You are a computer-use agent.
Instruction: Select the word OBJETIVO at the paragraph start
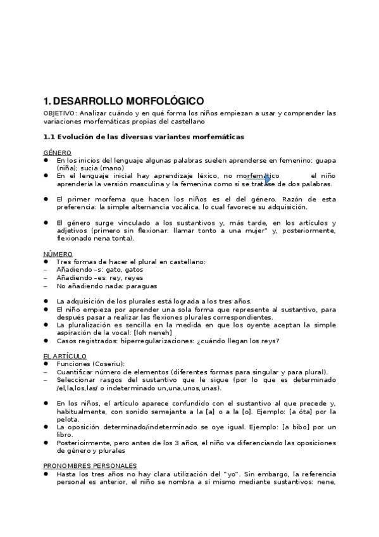pyautogui.click(x=58, y=113)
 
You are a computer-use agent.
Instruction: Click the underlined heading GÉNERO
pyautogui.click(x=57, y=153)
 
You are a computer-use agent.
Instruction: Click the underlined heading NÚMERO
pyautogui.click(x=58, y=254)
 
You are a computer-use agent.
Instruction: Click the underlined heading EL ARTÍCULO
pyautogui.click(x=65, y=356)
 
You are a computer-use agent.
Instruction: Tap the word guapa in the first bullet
pyautogui.click(x=325, y=160)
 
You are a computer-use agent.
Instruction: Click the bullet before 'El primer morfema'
pyautogui.click(x=46, y=198)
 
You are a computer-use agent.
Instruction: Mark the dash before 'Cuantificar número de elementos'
pyautogui.click(x=46, y=372)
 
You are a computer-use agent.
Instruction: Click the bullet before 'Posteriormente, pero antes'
pyautogui.click(x=46, y=443)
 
